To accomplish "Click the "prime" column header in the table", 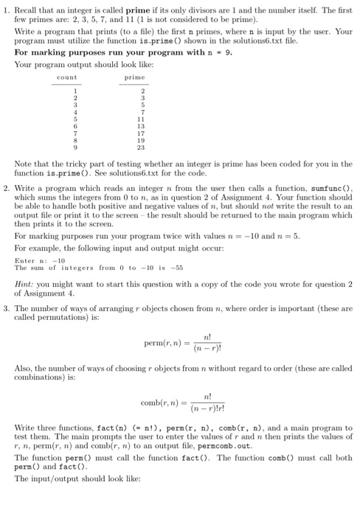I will pos(135,76).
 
